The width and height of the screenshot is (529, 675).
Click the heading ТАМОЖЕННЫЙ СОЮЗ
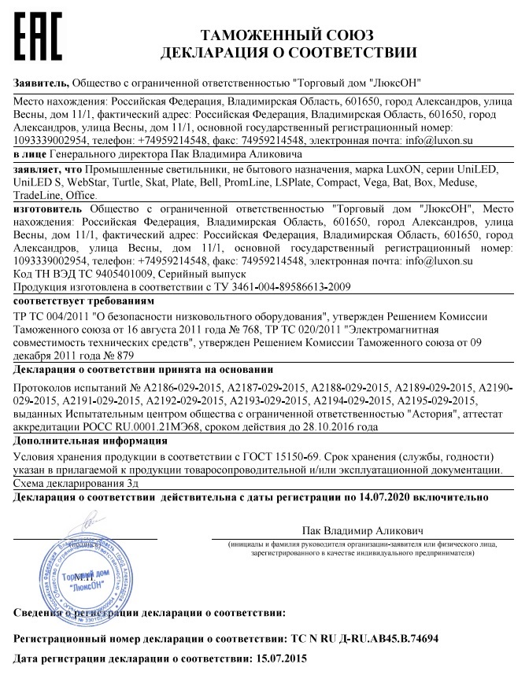point(287,35)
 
